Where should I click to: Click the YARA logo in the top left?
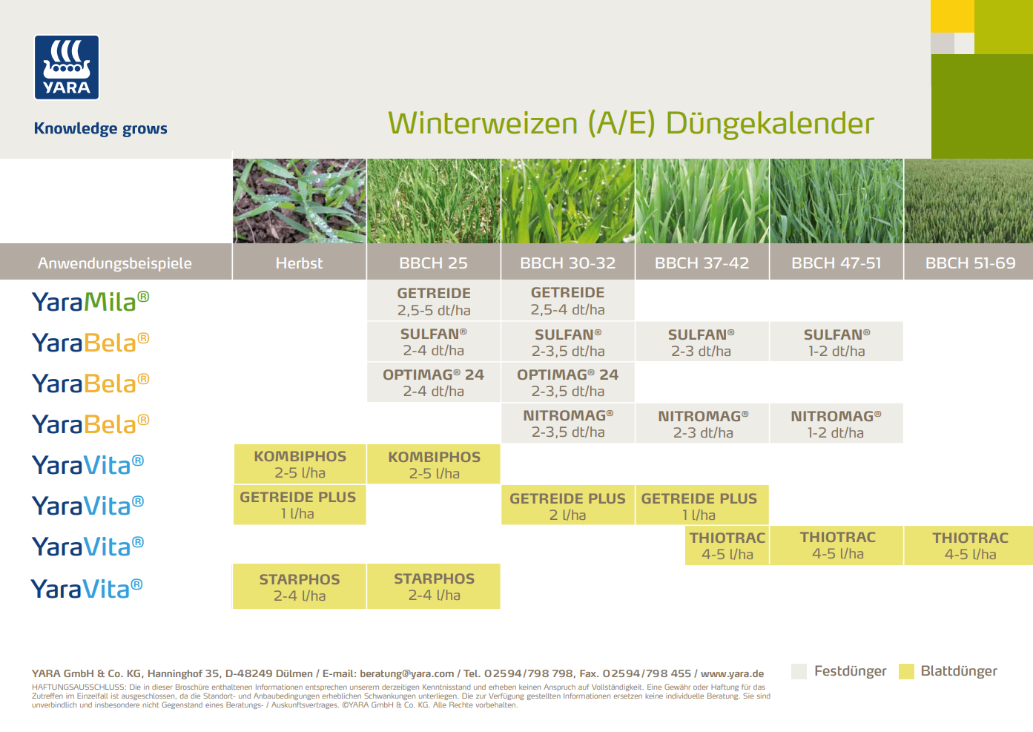[x=67, y=67]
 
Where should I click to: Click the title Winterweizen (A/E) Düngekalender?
[x=630, y=123]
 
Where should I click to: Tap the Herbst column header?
[x=299, y=263]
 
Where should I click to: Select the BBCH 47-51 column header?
[x=836, y=263]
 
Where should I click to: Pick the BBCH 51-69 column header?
[x=969, y=263]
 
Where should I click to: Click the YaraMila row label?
[x=90, y=301]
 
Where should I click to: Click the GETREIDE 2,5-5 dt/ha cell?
[x=434, y=301]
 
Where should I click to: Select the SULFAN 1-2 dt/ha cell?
[x=836, y=343]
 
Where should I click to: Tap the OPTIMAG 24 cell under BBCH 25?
[x=434, y=383]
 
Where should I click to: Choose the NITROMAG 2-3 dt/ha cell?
[x=702, y=423]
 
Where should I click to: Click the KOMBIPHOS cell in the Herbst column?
[x=300, y=464]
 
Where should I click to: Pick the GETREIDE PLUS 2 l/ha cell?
[x=567, y=506]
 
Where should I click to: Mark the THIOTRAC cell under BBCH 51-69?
[x=969, y=546]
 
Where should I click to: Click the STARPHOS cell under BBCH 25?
[x=434, y=587]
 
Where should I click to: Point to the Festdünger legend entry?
[x=849, y=671]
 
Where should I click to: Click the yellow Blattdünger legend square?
[x=906, y=672]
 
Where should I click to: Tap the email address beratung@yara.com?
[x=406, y=674]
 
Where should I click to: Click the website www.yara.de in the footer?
[x=732, y=674]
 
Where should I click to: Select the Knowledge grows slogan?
[x=101, y=128]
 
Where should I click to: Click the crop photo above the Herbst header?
[x=299, y=201]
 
